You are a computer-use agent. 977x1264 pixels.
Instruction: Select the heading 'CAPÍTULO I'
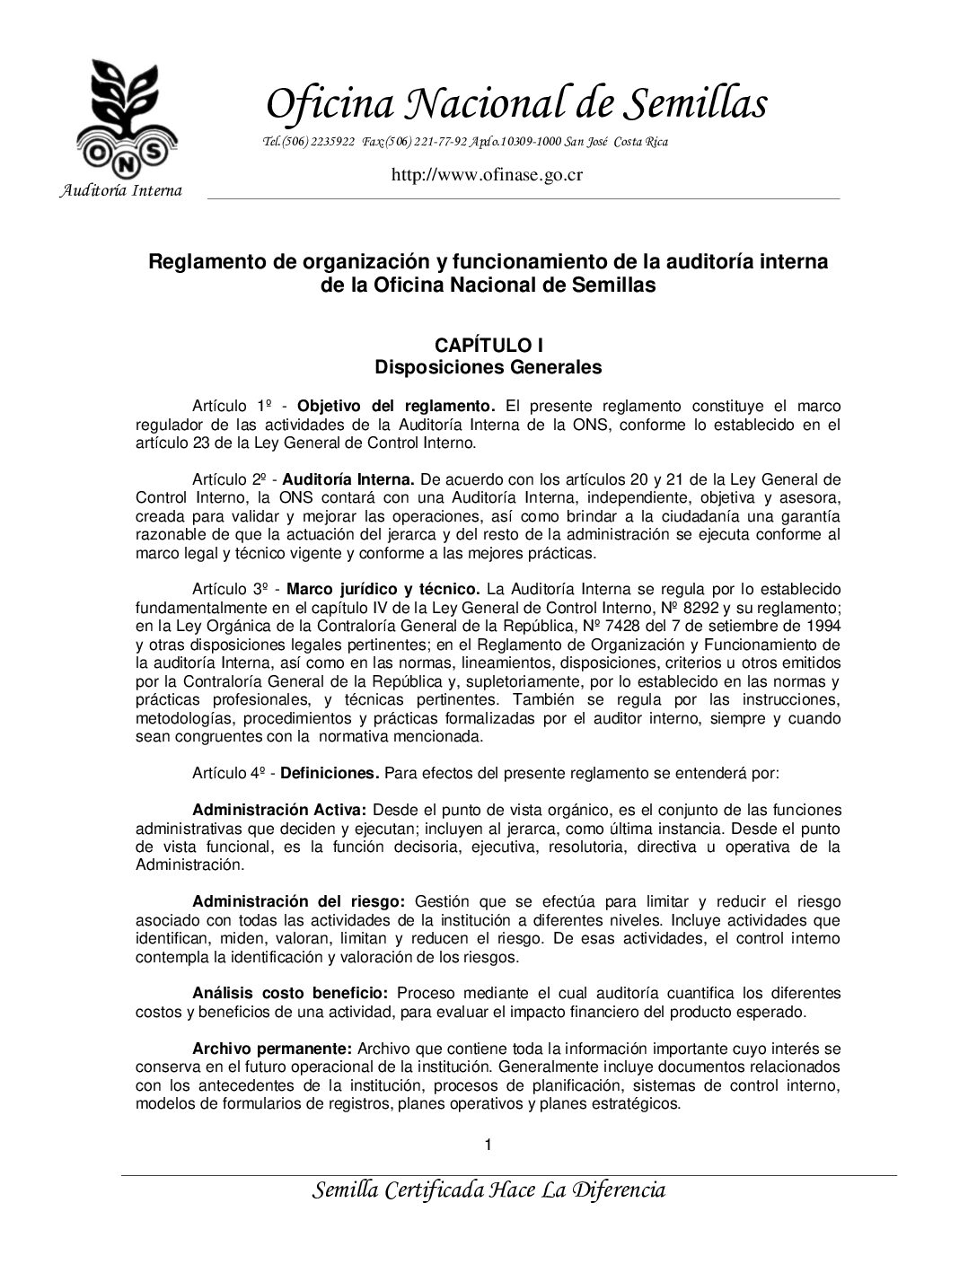point(488,346)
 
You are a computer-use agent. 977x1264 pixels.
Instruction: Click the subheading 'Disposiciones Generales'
point(488,367)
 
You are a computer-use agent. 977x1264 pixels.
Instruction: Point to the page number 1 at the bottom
point(488,1145)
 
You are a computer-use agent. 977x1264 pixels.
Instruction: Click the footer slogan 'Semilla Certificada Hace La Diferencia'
point(488,1190)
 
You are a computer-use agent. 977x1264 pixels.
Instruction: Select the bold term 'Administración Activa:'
point(279,810)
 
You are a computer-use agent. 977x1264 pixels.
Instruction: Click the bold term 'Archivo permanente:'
point(273,1049)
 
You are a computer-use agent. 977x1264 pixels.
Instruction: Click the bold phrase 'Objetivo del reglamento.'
point(396,406)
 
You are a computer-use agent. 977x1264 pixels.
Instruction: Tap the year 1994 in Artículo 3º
point(825,626)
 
